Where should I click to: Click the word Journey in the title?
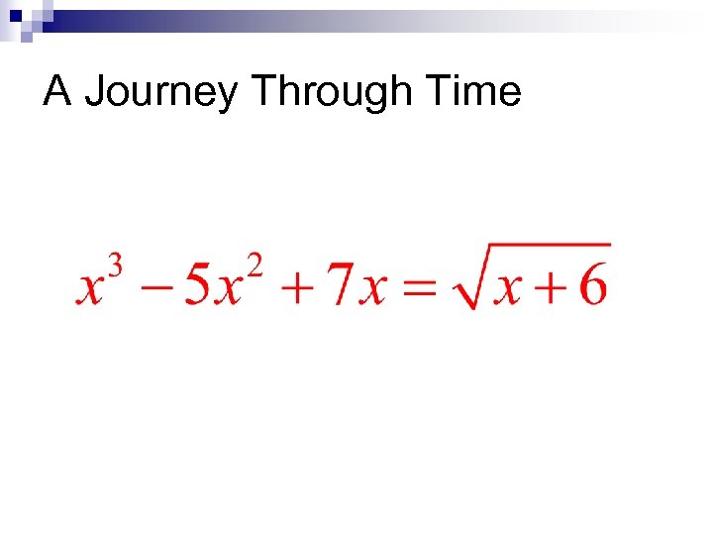161,92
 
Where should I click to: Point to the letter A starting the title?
57,92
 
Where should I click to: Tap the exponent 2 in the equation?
255,266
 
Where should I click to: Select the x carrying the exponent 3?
91,289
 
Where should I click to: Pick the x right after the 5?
230,289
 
